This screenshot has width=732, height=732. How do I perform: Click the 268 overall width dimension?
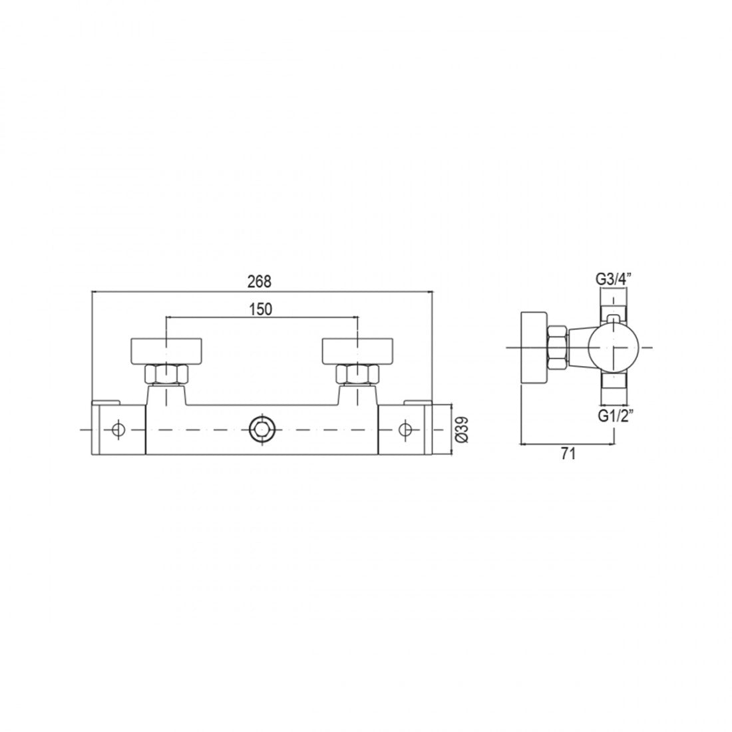point(259,281)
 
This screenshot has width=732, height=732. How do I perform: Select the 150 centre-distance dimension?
point(260,309)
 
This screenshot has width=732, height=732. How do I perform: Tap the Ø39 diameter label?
point(462,429)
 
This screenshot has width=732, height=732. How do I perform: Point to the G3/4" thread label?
point(613,279)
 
